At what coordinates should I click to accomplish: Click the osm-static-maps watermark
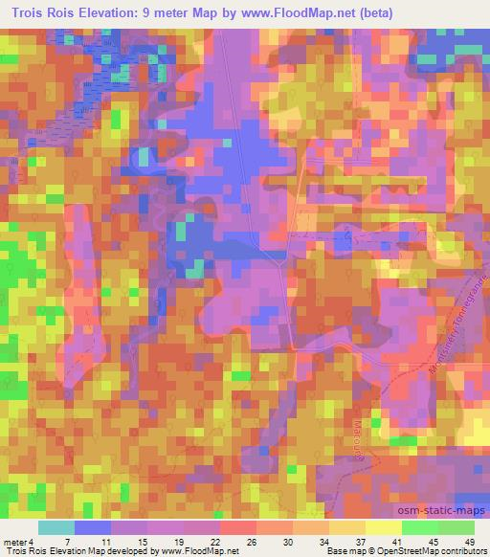[x=434, y=489]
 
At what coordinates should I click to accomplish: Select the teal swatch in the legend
[x=56, y=527]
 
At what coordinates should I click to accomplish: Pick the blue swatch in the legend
[x=93, y=527]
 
